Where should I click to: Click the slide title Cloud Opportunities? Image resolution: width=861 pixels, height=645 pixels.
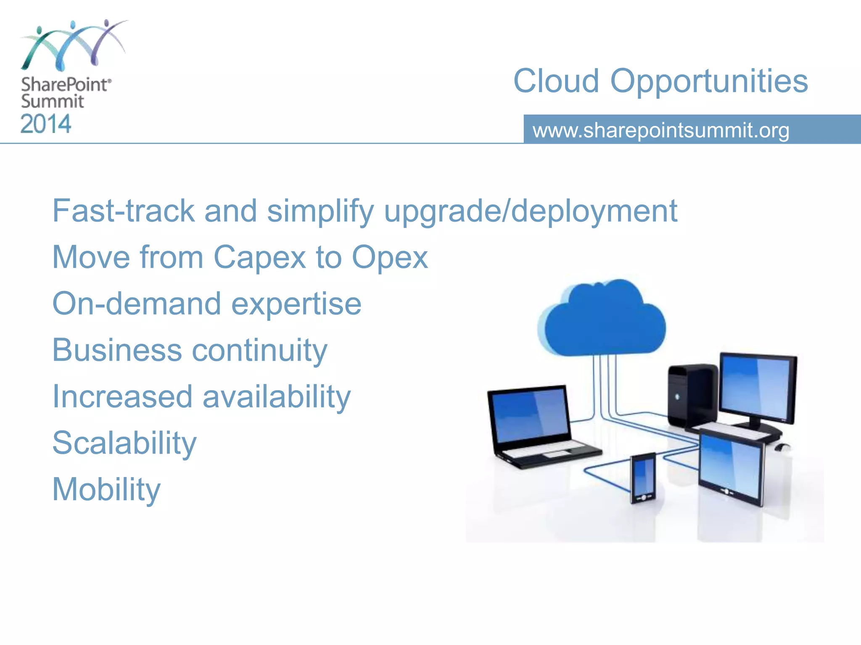[660, 81]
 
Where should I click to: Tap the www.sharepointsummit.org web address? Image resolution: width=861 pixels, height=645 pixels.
[660, 130]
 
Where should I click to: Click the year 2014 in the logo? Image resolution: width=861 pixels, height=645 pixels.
[46, 124]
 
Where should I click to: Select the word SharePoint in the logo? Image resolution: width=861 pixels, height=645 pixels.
[65, 85]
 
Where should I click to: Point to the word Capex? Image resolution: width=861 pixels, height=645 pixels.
[259, 257]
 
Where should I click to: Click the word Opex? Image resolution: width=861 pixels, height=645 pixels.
[389, 257]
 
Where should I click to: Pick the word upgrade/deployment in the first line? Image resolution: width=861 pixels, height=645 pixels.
[531, 211]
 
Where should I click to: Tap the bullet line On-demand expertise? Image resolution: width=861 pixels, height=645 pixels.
[206, 304]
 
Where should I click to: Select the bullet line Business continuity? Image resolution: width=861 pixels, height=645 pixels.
[189, 350]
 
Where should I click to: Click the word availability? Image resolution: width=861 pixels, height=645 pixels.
[276, 397]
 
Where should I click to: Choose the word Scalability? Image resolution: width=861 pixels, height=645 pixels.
[124, 443]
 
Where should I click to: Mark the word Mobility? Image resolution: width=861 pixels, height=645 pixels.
[106, 490]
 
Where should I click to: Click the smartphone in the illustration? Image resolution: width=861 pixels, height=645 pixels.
[643, 477]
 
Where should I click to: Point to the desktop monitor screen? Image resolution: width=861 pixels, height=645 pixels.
[757, 386]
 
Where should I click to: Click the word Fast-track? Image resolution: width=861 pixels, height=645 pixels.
[123, 211]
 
